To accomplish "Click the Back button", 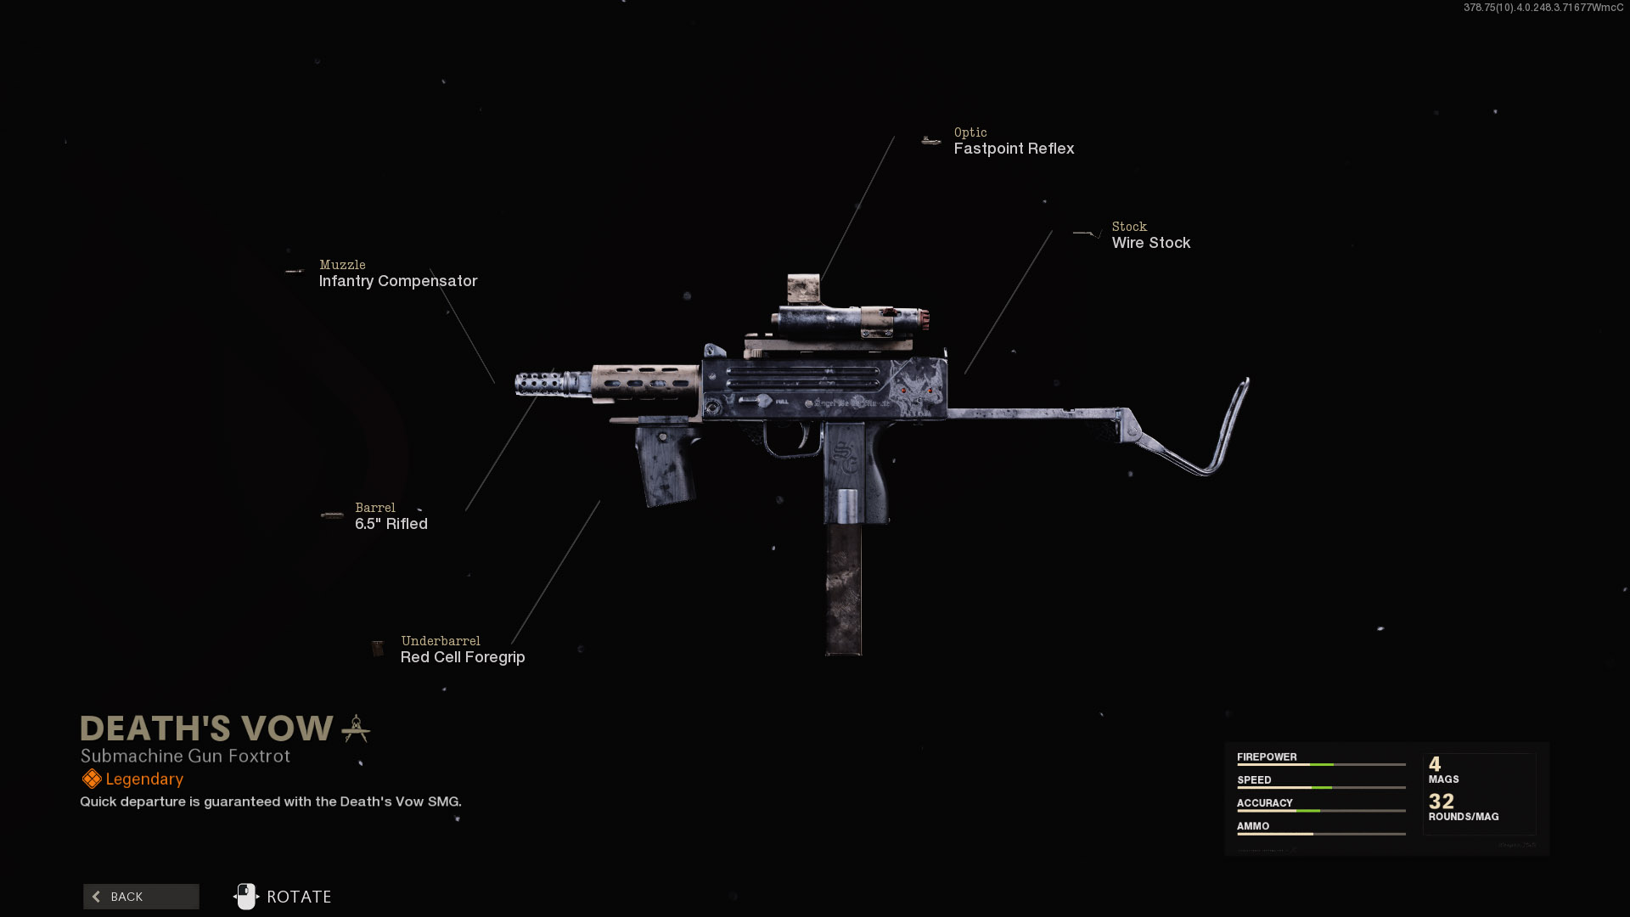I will coord(141,897).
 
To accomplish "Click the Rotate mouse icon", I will coord(246,897).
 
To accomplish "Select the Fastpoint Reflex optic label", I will coord(1014,149).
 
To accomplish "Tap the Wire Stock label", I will coord(1150,243).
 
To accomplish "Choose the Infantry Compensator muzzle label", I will coord(397,281).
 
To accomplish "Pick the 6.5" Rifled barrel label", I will coord(391,524).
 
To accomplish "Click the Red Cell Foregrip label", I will coord(462,657).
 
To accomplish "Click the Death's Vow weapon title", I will coord(206,729).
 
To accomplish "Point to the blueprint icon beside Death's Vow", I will coord(356,729).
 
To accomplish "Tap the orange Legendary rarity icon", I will coord(91,779).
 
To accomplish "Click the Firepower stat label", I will coord(1266,757).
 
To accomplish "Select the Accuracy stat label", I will coord(1264,802).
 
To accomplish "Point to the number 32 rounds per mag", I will coord(1441,801).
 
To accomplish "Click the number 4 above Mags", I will coord(1435,763).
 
